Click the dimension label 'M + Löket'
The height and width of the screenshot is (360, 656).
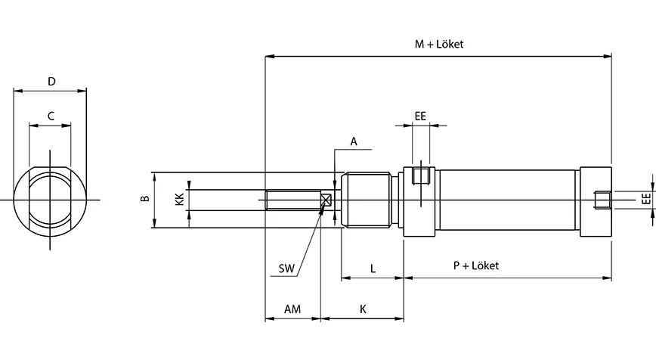coord(438,44)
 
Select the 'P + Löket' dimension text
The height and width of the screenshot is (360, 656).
coord(475,265)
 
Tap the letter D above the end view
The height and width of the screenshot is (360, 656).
coord(51,81)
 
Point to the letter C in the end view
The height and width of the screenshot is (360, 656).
coord(51,116)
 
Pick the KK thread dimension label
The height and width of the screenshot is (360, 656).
coord(179,200)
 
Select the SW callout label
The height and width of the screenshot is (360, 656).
coord(286,268)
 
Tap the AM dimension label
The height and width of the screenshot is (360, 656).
coord(292,309)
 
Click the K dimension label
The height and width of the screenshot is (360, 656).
coord(363,309)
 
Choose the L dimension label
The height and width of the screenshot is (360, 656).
coord(373,268)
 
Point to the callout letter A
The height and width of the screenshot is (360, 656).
coord(354,141)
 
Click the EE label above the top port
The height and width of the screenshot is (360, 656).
coord(420,116)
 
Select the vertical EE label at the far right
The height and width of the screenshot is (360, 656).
coord(645,200)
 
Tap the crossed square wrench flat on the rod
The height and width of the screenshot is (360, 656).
coord(326,200)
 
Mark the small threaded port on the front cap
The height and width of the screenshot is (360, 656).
coord(421,177)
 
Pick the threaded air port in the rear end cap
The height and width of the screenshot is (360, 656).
coord(602,200)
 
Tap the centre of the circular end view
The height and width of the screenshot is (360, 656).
coord(51,200)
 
